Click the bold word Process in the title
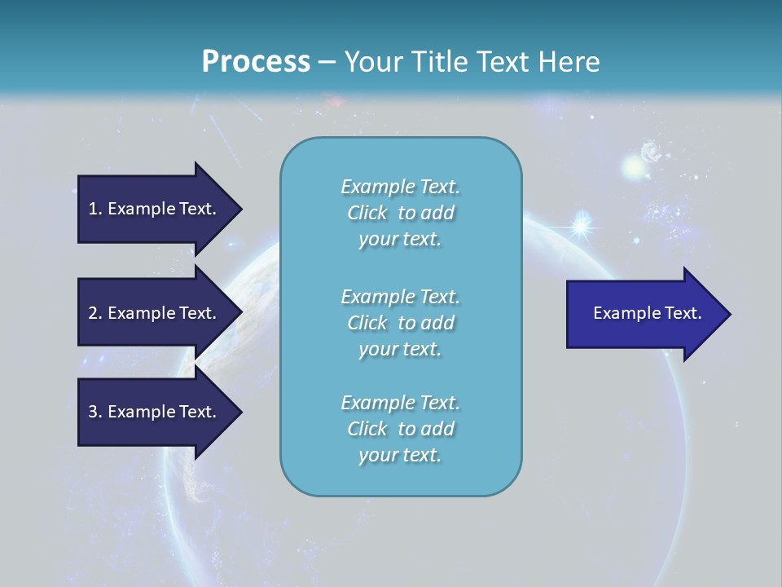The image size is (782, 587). click(256, 62)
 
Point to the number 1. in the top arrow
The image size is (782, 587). click(95, 209)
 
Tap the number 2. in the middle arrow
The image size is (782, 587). click(95, 313)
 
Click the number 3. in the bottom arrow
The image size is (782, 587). click(95, 412)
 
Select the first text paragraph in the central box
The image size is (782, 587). click(400, 213)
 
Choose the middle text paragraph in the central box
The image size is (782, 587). click(400, 323)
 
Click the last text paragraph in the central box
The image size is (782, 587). click(400, 429)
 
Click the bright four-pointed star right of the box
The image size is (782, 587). click(582, 226)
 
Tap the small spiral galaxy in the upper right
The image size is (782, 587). click(651, 151)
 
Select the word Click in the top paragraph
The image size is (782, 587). click(367, 213)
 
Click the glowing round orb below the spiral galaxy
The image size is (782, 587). click(634, 169)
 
